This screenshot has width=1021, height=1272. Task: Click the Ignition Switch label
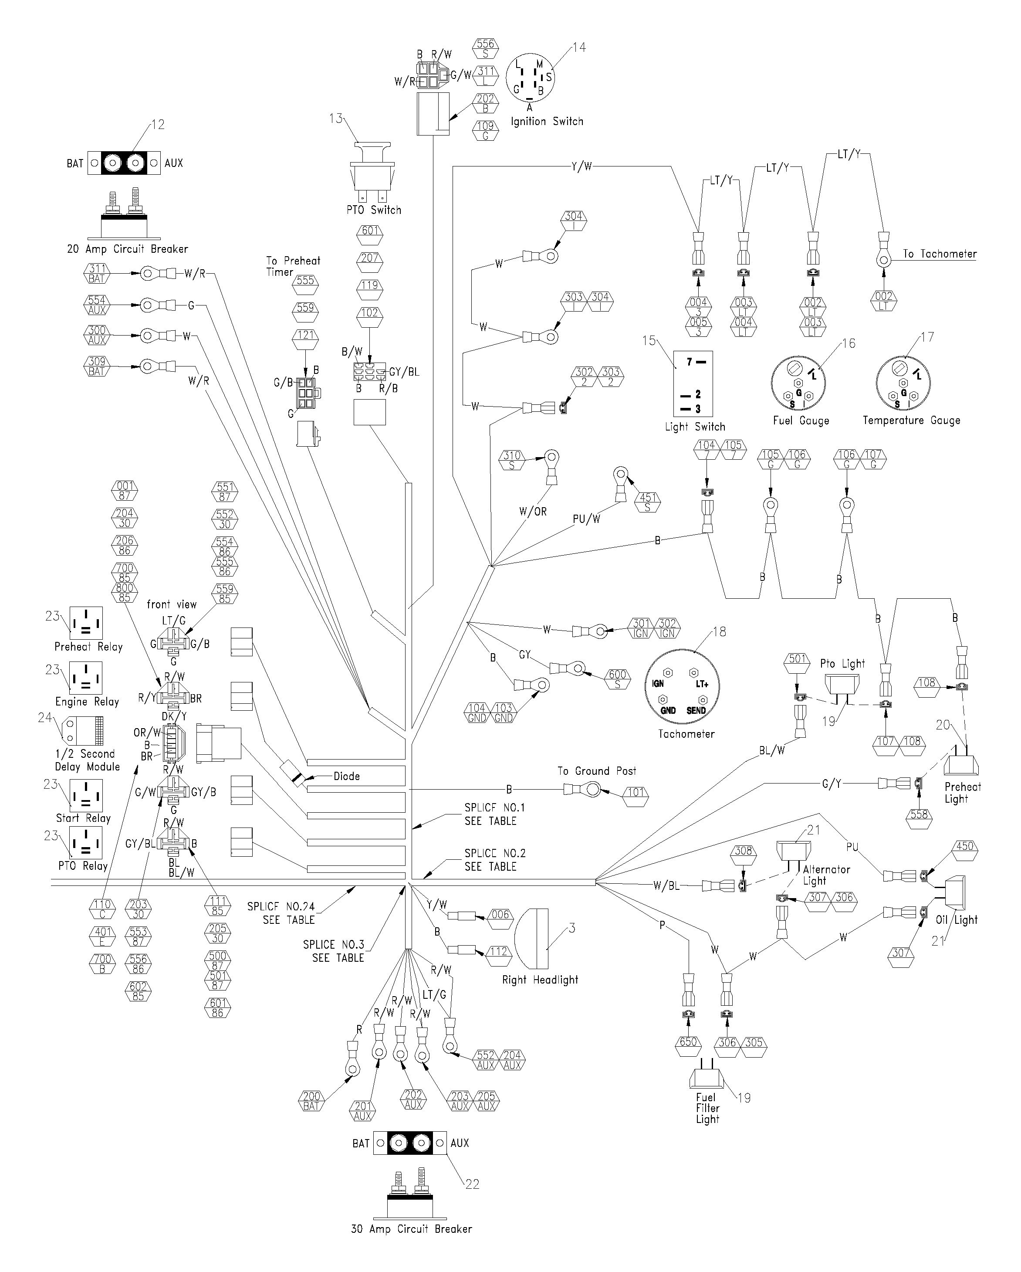[547, 122]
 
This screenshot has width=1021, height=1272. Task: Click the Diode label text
[346, 777]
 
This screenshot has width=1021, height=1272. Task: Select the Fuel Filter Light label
[707, 1108]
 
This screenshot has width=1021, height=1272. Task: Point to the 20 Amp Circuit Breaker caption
[127, 249]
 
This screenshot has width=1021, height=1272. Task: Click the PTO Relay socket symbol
[86, 842]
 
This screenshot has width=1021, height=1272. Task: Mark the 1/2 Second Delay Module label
[87, 760]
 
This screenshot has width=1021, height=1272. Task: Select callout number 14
[579, 47]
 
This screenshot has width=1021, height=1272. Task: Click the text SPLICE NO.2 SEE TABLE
[494, 860]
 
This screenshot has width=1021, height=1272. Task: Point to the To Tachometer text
[940, 254]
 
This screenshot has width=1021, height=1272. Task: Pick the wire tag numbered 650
[688, 1042]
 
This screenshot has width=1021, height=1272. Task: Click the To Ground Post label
[597, 771]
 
